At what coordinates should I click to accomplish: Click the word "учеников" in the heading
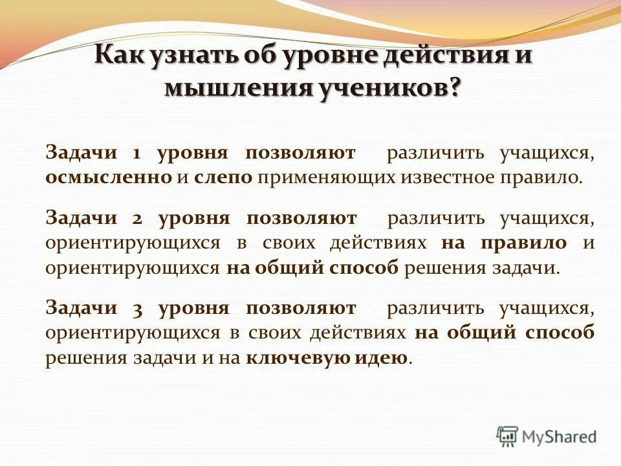pyautogui.click(x=381, y=87)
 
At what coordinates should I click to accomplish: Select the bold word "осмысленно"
pyautogui.click(x=109, y=178)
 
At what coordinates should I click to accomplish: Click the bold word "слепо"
pyautogui.click(x=223, y=178)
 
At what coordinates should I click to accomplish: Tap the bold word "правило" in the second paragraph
pyautogui.click(x=523, y=243)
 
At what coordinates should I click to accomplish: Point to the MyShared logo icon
pyautogui.click(x=507, y=436)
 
